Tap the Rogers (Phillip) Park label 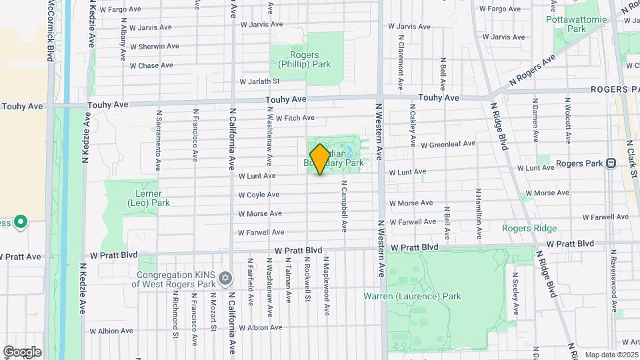point(305,60)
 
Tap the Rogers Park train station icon point(611,163)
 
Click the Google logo point(22,352)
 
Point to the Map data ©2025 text point(610,355)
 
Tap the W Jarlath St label point(259,81)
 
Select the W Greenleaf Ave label point(447,144)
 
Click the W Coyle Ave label point(259,195)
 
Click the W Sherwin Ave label point(154,47)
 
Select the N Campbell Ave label point(344,206)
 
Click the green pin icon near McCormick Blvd point(20,221)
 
